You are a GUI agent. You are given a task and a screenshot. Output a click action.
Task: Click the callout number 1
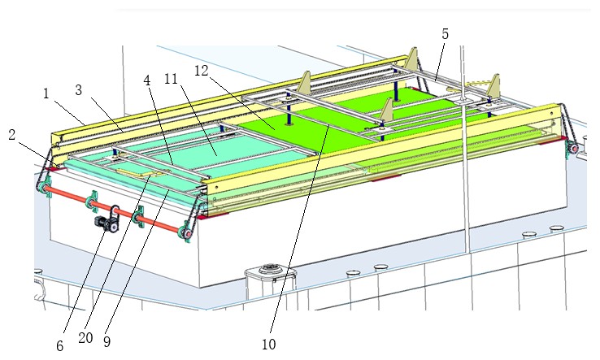pos(46,93)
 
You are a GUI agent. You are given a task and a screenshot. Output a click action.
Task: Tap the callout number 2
pos(12,135)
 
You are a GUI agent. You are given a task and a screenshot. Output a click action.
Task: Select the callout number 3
pos(78,90)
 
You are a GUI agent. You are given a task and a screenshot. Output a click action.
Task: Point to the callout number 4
pos(147,80)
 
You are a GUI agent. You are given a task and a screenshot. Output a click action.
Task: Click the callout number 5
pos(445,34)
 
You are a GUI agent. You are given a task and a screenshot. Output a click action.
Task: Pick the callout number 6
pos(59,346)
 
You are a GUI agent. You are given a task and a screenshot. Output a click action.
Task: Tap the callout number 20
pos(85,338)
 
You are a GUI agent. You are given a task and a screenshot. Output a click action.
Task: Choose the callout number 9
pos(107,341)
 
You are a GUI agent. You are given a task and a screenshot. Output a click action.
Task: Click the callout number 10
pos(268,345)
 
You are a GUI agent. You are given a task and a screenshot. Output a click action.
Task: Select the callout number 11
pos(171,79)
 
